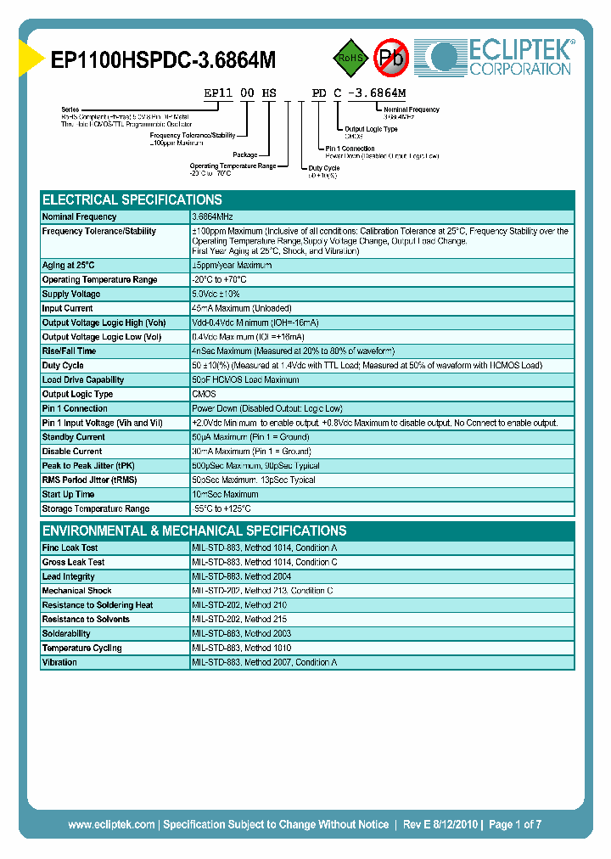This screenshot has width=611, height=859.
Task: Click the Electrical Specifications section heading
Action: pyautogui.click(x=132, y=199)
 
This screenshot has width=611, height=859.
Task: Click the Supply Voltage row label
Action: pyautogui.click(x=71, y=294)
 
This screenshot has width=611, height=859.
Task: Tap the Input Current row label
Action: pyautogui.click(x=68, y=308)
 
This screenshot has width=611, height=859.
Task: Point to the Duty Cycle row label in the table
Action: pyautogui.click(x=63, y=366)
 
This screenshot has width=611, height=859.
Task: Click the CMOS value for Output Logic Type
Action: pyautogui.click(x=205, y=394)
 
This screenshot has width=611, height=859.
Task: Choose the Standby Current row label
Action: pyautogui.click(x=73, y=437)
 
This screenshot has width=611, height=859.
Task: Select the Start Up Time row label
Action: pyautogui.click(x=68, y=494)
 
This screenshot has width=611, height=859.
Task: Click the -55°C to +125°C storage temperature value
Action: pyautogui.click(x=221, y=508)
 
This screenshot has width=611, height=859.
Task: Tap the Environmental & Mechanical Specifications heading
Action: pyautogui.click(x=194, y=531)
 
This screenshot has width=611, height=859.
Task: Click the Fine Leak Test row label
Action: pyautogui.click(x=70, y=548)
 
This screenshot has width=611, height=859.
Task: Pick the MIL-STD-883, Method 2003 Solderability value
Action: pyautogui.click(x=242, y=634)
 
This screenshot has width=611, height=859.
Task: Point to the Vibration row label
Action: pyautogui.click(x=59, y=662)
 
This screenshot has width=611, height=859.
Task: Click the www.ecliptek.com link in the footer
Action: pyautogui.click(x=111, y=824)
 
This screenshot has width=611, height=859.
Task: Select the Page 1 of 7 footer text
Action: pyautogui.click(x=515, y=824)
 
